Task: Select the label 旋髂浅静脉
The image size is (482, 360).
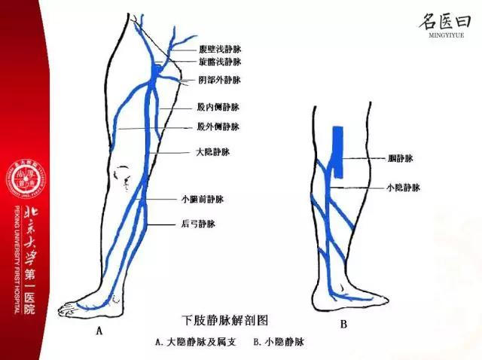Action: click(x=220, y=62)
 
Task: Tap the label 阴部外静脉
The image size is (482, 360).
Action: click(x=220, y=79)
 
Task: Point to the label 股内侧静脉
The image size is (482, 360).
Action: click(x=218, y=108)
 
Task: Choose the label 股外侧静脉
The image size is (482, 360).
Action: click(x=218, y=127)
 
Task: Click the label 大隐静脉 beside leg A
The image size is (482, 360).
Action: click(x=212, y=151)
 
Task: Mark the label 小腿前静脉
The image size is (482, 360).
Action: click(x=203, y=200)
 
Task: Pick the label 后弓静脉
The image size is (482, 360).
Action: click(x=199, y=224)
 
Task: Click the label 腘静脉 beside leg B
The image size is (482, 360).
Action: click(x=399, y=159)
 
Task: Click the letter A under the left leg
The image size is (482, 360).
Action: click(x=99, y=329)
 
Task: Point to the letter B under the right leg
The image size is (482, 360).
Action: click(x=343, y=325)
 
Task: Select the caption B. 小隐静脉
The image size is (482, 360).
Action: click(x=280, y=342)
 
